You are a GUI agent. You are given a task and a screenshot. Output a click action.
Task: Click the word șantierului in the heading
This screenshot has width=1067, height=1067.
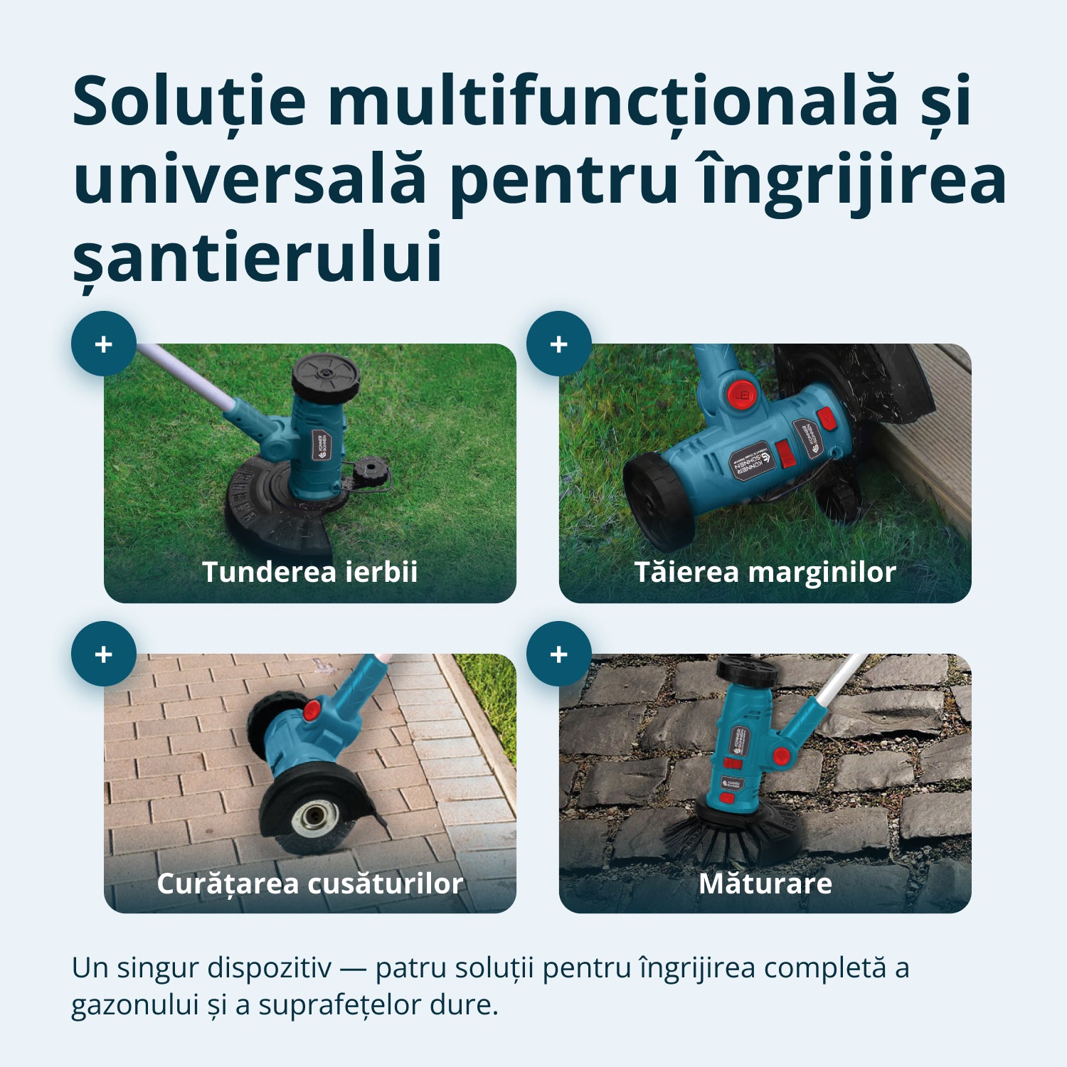(258, 258)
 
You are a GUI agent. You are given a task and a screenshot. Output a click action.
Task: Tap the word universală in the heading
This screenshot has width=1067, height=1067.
(250, 180)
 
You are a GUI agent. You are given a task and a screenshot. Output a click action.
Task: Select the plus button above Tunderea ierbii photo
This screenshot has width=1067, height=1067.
(104, 344)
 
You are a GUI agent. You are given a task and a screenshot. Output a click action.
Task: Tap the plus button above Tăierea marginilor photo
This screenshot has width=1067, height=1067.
(559, 344)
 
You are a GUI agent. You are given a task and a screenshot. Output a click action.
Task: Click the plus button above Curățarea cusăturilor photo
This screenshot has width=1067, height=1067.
(104, 654)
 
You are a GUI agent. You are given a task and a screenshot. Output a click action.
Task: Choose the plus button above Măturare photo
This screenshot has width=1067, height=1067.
(559, 654)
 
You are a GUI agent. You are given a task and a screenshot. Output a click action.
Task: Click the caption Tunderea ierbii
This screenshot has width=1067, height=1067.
(309, 572)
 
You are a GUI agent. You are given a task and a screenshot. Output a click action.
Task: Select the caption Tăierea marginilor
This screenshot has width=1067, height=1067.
(765, 572)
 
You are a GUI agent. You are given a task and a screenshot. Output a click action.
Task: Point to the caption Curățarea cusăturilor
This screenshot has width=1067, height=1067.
(309, 883)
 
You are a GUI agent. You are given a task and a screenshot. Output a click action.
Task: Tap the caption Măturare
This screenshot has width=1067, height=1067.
(765, 883)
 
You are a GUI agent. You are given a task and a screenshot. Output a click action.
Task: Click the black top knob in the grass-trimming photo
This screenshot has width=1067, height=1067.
(326, 377)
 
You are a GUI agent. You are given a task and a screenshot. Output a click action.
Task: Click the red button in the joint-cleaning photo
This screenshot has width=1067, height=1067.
(312, 709)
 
